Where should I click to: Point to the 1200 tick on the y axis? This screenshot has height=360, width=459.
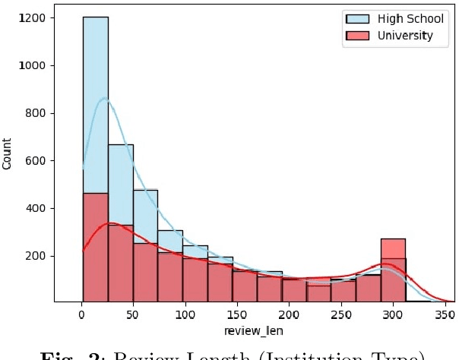coord(32,17)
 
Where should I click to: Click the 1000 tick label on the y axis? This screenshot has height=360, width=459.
coord(32,65)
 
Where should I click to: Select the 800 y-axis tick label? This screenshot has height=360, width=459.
coord(35,113)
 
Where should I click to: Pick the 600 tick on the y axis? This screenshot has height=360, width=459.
coord(35,161)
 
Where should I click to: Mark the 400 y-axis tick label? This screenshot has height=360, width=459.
coord(35,208)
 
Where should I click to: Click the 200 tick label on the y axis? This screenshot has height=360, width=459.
coord(35,256)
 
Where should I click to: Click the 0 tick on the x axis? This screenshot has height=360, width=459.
coord(81,314)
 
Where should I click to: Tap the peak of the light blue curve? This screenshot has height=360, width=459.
coord(105,98)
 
